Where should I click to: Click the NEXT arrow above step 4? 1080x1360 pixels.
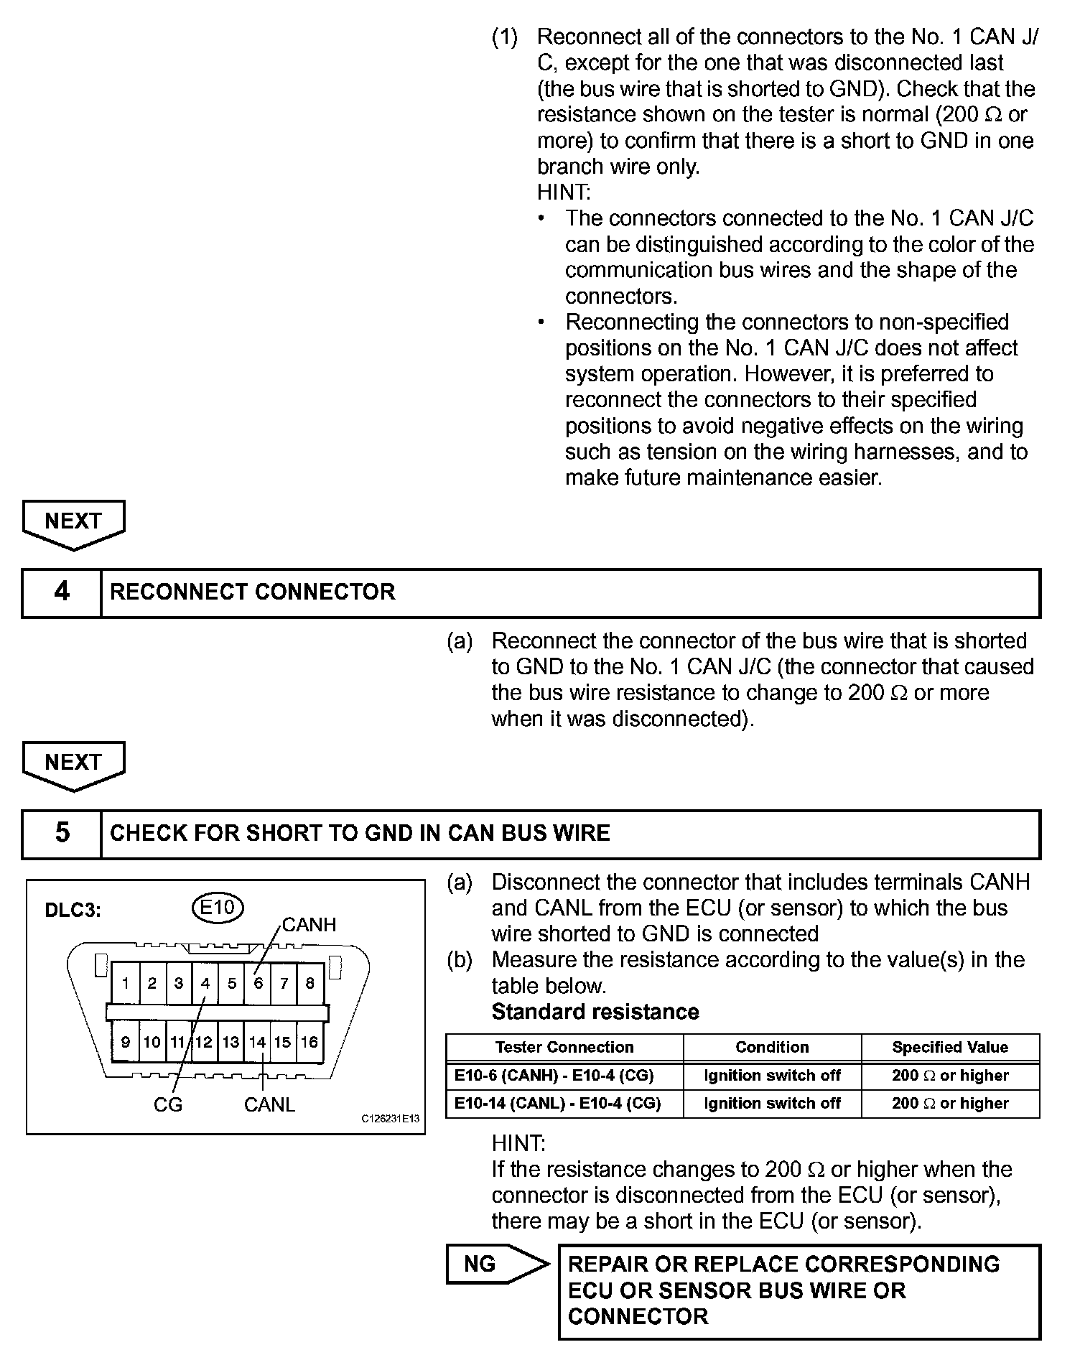click(73, 521)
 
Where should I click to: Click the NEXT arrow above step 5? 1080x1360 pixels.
click(73, 763)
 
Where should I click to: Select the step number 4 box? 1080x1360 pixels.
click(62, 592)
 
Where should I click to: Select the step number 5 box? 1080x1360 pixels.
click(62, 834)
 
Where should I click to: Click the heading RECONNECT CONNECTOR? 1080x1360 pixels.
click(252, 592)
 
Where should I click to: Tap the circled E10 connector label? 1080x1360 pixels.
click(218, 908)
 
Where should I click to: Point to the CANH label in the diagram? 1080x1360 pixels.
click(309, 925)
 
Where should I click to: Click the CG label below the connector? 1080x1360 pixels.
click(168, 1104)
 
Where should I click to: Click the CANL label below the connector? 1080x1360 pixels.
click(269, 1104)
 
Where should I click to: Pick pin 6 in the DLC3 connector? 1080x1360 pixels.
click(258, 983)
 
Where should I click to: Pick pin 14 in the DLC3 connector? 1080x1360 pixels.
click(257, 1042)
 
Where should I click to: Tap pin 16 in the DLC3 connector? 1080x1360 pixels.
click(309, 1042)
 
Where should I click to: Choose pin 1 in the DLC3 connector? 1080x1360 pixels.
click(126, 983)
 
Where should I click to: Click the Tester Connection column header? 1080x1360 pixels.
click(564, 1048)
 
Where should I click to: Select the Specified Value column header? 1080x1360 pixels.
click(950, 1048)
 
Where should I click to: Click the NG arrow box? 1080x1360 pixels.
click(495, 1264)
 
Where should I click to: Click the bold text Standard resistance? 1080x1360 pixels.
click(595, 1012)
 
